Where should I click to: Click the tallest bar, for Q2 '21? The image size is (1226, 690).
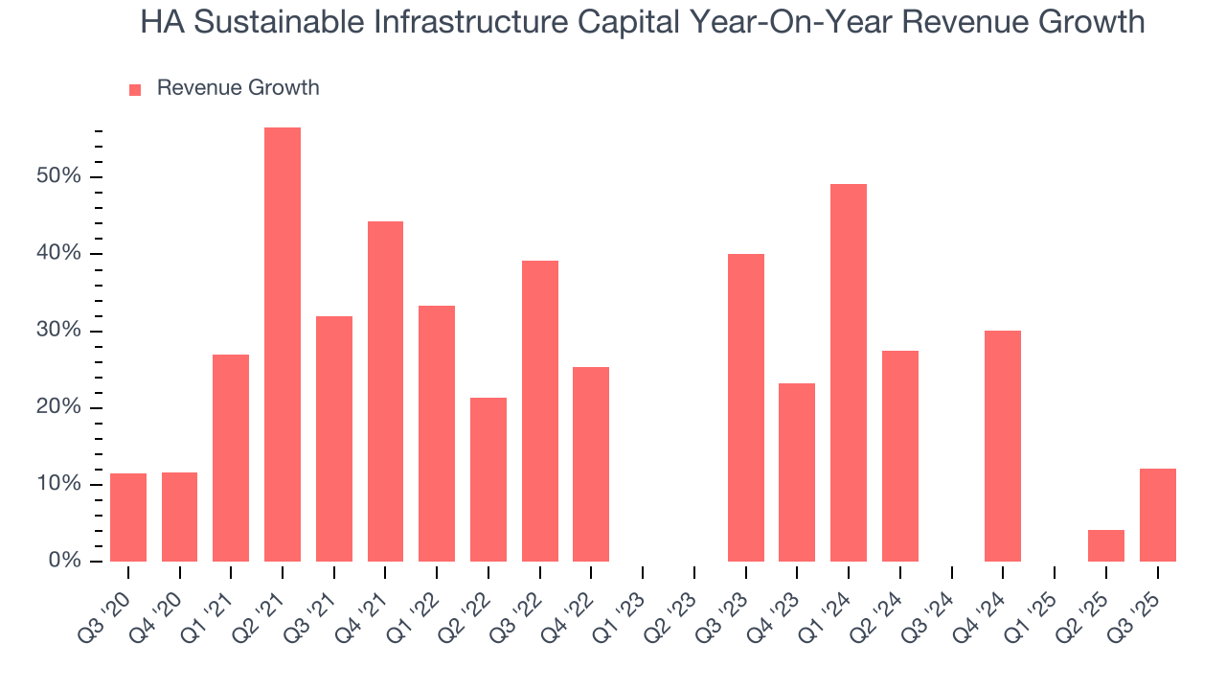coord(283,344)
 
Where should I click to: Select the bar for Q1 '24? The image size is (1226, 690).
coord(849,373)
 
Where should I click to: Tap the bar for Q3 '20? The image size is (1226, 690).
coord(128,517)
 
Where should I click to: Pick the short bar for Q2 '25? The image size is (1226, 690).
coord(1106,546)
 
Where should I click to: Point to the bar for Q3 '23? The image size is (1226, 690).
coord(746,407)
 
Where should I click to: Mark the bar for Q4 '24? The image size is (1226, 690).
coord(1003,446)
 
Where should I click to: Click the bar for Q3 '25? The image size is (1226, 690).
coord(1158,515)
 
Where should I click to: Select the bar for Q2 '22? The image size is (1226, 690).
coord(488,479)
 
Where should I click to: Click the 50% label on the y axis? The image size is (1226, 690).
coord(59,177)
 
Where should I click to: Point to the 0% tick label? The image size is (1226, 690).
coord(65,562)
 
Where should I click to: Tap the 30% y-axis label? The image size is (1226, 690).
coord(59,332)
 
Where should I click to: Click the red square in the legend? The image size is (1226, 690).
coord(135,89)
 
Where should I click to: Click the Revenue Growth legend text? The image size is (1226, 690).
coord(238,88)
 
